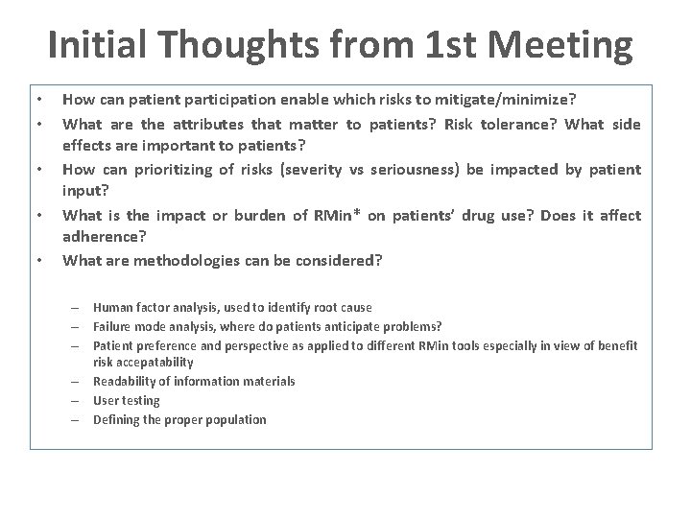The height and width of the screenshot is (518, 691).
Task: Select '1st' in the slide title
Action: [424, 45]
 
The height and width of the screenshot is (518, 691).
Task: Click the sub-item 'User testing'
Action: [126, 400]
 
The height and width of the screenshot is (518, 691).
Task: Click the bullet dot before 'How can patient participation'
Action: [37, 100]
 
